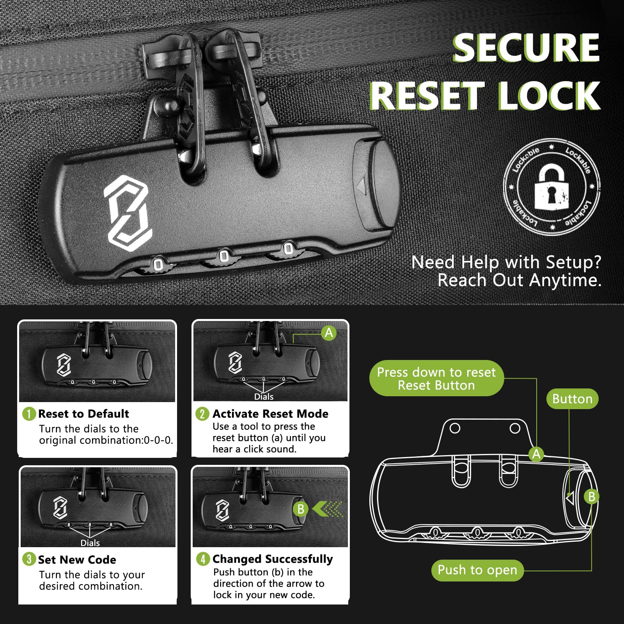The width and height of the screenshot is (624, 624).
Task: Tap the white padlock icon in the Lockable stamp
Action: (x=551, y=186)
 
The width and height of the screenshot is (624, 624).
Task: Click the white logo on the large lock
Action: (x=128, y=213)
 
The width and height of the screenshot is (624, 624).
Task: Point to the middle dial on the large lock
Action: (x=224, y=257)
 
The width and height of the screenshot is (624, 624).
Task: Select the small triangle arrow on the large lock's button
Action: (x=361, y=186)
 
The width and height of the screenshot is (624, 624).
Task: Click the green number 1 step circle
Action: (x=29, y=414)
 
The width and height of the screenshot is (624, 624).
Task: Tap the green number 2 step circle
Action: (x=202, y=414)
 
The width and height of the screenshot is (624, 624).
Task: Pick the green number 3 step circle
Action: (x=29, y=559)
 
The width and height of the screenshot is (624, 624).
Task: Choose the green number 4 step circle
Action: (x=203, y=559)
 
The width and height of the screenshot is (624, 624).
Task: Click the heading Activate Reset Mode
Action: (x=270, y=414)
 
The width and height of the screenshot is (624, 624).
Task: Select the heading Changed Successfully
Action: (x=273, y=559)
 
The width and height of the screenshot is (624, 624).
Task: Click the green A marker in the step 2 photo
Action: (x=329, y=333)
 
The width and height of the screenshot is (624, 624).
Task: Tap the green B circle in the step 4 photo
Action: (x=301, y=509)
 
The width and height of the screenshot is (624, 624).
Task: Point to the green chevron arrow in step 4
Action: (x=327, y=509)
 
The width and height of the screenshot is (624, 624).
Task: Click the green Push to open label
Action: (x=477, y=570)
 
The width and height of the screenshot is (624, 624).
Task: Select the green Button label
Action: (x=572, y=399)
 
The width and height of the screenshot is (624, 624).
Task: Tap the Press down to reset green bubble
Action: (x=436, y=378)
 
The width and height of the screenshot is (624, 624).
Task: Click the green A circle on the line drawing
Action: (x=537, y=454)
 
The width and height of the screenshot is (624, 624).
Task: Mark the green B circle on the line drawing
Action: (x=592, y=497)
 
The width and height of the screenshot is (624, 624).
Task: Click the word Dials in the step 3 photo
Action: (x=90, y=543)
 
